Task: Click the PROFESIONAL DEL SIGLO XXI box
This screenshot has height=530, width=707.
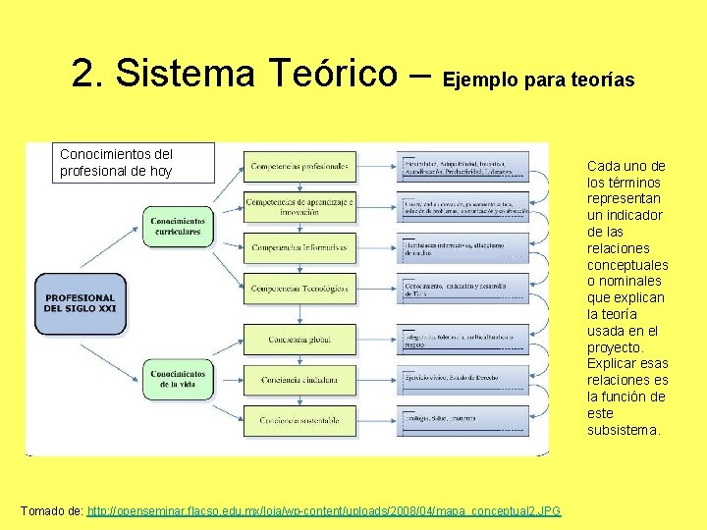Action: (x=80, y=303)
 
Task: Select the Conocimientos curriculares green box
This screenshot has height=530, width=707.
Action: (x=178, y=226)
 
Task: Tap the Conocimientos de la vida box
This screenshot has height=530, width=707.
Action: (x=178, y=379)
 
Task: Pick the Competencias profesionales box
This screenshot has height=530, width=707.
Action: (x=299, y=167)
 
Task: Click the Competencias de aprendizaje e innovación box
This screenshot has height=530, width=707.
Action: (x=299, y=207)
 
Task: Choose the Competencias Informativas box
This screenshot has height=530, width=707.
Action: (x=299, y=248)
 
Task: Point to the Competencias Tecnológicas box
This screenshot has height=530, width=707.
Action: (x=299, y=289)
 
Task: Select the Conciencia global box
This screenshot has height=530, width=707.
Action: (x=299, y=340)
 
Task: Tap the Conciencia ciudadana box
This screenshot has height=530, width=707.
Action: (x=299, y=379)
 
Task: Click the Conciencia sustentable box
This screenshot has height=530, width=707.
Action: (x=299, y=420)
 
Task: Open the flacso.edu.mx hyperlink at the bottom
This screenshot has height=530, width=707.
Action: (x=324, y=511)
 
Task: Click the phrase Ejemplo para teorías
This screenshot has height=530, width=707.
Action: (x=540, y=78)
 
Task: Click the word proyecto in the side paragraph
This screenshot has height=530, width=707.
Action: (x=615, y=347)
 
